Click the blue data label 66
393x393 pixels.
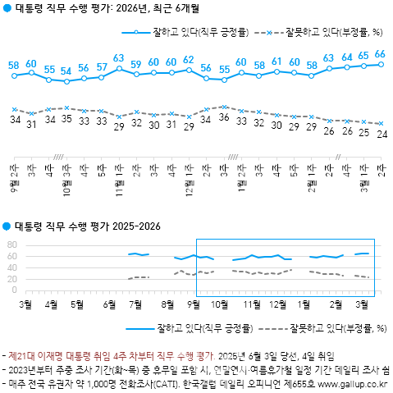(x=381, y=54)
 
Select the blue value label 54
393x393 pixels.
(x=66, y=71)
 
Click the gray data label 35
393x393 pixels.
(x=66, y=120)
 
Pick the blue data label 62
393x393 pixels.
(x=189, y=60)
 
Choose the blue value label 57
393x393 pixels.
(x=102, y=67)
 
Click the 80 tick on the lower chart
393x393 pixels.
(x=11, y=244)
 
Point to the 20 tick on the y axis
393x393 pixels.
(x=11, y=279)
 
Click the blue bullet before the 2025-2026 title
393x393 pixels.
(x=7, y=226)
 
